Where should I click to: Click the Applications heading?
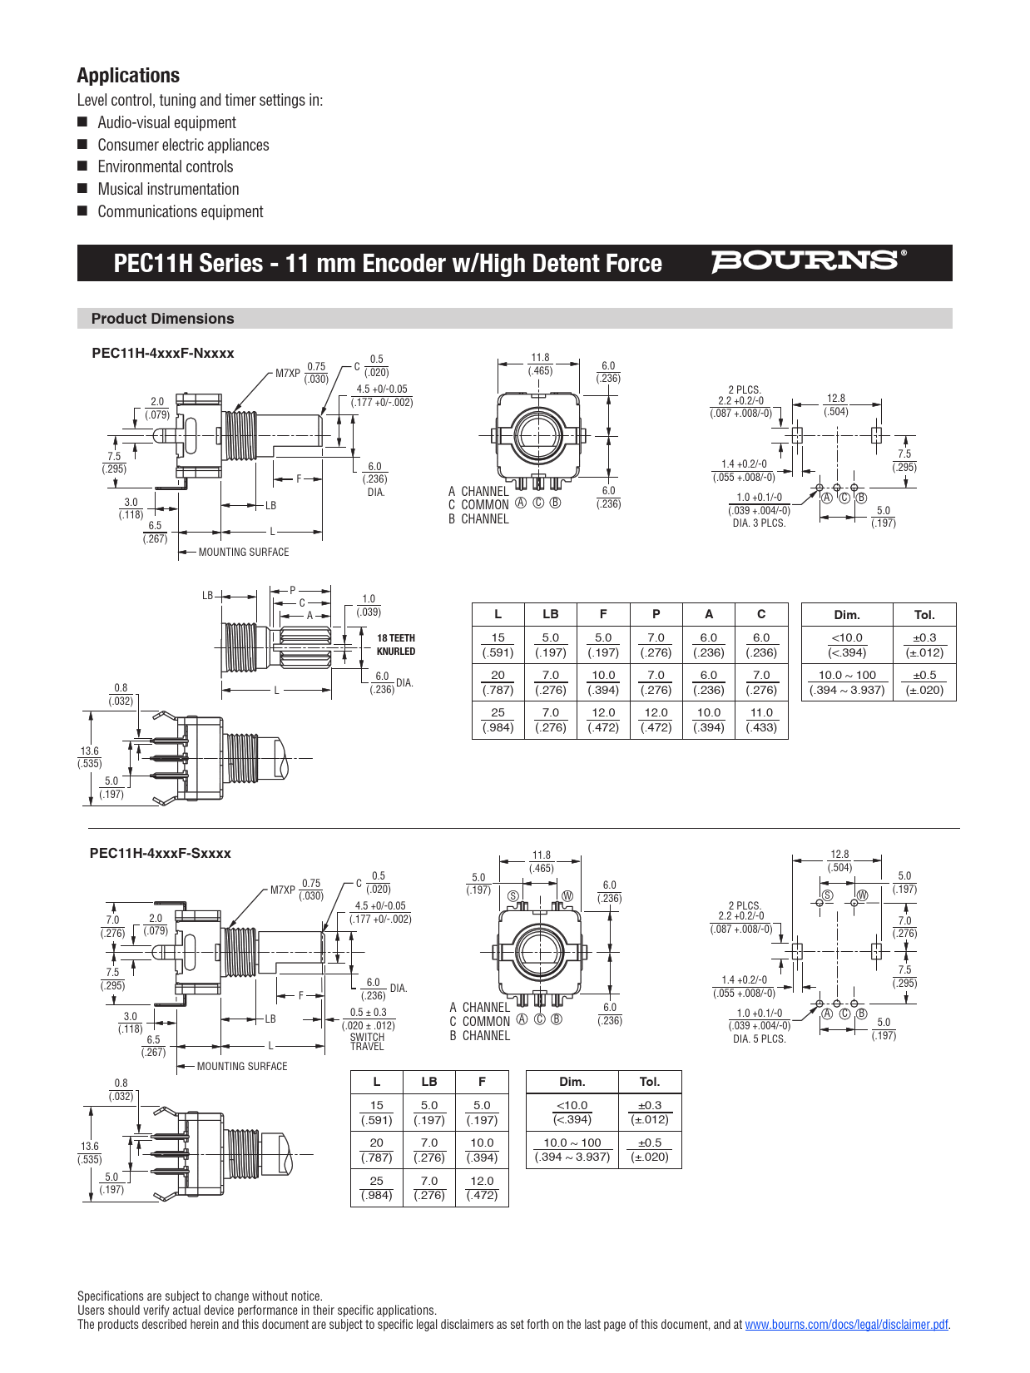pos(128,76)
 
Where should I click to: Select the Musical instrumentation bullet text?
pos(168,190)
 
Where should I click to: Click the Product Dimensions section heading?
pos(162,319)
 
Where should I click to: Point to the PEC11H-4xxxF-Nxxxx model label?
pos(162,353)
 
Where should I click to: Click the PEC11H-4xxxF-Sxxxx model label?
pos(160,853)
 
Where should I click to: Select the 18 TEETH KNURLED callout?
pos(395,645)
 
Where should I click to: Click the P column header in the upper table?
pos(656,614)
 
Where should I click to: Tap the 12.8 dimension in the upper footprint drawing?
pos(835,399)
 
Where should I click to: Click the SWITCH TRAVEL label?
pos(367,1042)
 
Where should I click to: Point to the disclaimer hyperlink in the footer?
pos(846,1325)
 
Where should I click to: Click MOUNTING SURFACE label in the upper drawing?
pos(243,553)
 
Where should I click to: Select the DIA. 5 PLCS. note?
pos(759,1039)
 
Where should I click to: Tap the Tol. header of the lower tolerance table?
pos(649,1082)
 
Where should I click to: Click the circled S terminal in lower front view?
pos(513,896)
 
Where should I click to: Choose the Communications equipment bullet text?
pos(180,212)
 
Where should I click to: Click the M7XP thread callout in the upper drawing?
pos(288,374)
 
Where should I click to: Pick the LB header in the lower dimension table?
pos(428,1082)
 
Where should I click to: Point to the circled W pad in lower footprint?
pos(862,895)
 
